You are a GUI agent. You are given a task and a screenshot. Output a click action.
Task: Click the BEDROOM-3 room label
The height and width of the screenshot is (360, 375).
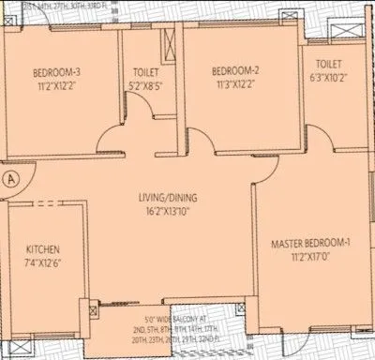56,72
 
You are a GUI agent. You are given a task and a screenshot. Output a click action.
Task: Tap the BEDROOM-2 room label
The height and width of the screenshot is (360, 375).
234,72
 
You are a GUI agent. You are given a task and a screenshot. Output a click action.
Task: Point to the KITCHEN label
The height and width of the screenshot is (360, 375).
43,249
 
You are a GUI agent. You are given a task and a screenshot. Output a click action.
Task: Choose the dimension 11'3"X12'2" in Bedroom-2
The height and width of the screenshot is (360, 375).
234,86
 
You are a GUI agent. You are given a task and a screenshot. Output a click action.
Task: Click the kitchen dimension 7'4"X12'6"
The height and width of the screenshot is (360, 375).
43,262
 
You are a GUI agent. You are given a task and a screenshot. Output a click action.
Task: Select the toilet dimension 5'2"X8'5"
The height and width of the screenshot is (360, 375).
145,86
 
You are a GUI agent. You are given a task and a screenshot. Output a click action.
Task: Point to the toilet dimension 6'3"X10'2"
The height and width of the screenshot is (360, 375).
327,79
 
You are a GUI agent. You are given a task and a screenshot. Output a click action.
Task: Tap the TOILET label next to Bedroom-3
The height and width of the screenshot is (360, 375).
145,72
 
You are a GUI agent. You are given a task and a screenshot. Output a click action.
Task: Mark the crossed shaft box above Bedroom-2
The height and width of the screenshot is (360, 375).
170,42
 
